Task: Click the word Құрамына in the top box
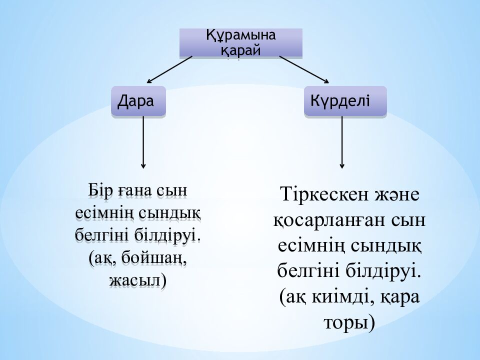241,36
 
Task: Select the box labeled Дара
137,101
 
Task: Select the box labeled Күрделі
345,101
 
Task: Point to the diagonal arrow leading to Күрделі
304,69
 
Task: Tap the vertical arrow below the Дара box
143,142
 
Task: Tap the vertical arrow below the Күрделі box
342,142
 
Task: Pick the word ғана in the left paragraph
135,191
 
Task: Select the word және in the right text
395,195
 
